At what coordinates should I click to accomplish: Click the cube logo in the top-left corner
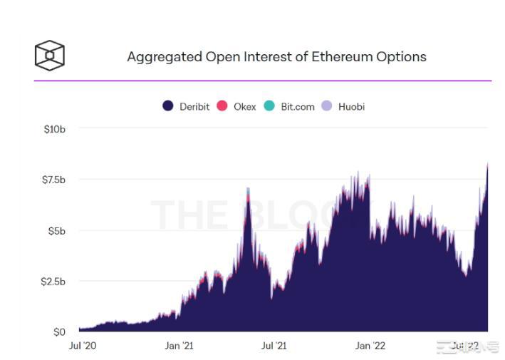50,55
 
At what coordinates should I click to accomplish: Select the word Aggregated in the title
164,56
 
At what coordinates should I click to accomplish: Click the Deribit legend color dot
168,106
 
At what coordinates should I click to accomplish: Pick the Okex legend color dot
222,106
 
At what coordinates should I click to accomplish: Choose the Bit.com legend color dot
269,106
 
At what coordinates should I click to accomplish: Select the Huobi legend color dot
327,106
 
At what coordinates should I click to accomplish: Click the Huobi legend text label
351,106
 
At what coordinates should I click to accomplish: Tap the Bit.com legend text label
297,106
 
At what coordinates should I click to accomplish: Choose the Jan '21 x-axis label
178,346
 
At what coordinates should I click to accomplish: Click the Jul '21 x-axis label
274,346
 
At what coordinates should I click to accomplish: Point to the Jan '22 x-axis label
370,346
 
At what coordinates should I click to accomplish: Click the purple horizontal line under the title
263,81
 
